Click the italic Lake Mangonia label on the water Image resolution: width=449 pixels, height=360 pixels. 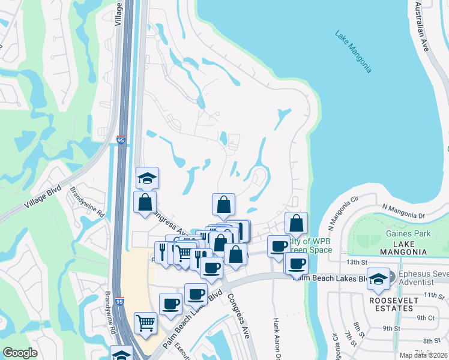coord(354,51)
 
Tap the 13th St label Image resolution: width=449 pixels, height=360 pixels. coord(356,262)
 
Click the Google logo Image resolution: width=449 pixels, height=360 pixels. coord(20,352)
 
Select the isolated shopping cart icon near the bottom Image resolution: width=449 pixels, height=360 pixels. coord(146,323)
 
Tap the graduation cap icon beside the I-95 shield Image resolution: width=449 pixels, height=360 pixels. coord(146,178)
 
